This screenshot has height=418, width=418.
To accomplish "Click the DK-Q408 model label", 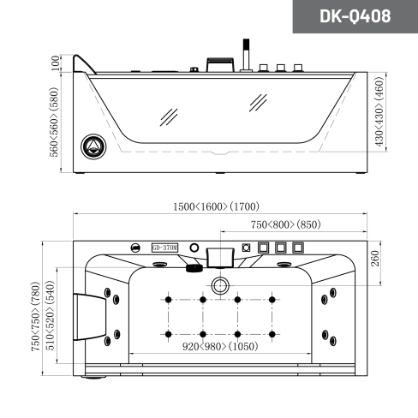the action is [355, 16].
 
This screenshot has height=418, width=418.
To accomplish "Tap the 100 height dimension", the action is [55, 63].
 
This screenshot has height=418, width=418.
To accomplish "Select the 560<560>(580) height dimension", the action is [54, 122].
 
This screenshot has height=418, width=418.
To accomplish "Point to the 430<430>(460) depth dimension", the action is [379, 111].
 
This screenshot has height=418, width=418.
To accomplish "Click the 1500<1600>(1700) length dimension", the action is [216, 206].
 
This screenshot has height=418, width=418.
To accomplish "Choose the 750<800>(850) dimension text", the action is [286, 224].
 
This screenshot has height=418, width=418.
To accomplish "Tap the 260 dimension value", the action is [375, 259].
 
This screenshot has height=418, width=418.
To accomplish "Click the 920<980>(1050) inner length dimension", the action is [220, 346].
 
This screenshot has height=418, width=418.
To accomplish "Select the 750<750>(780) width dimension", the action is [35, 316].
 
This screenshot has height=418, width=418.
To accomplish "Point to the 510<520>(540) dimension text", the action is [50, 315].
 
